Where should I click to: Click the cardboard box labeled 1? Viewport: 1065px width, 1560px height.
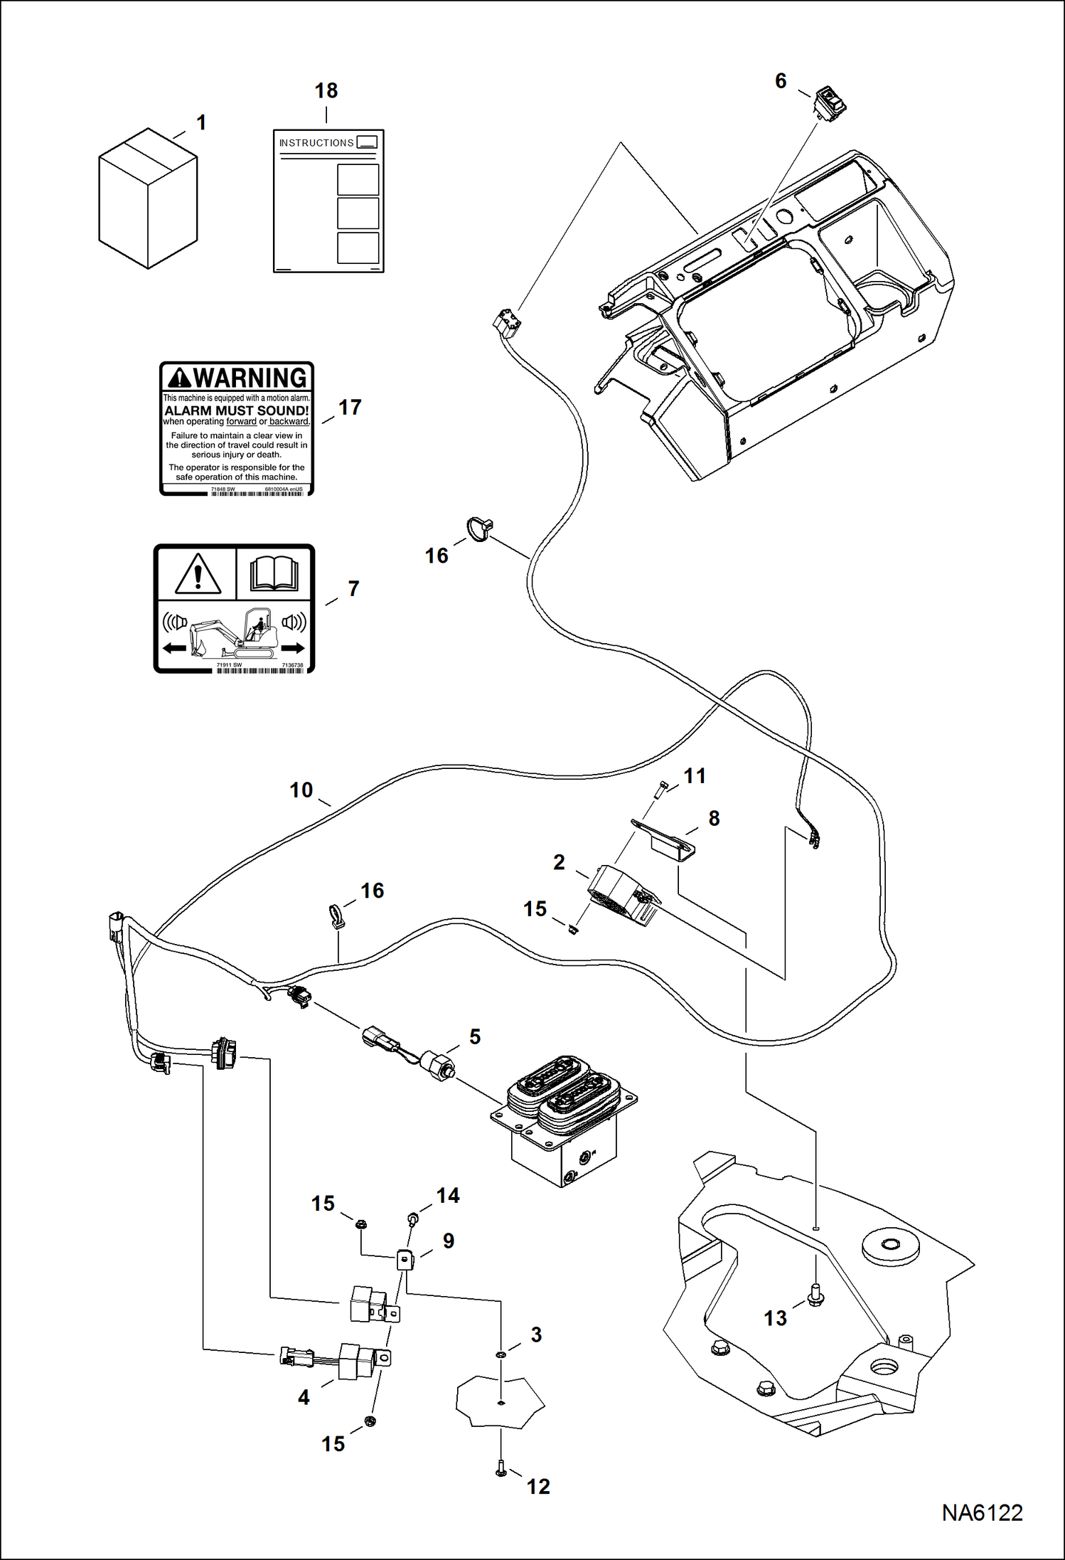[147, 199]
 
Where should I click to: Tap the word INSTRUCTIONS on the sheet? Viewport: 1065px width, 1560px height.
[316, 143]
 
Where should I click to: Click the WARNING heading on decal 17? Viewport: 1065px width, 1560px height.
[237, 378]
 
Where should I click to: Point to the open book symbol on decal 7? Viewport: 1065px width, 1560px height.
[274, 573]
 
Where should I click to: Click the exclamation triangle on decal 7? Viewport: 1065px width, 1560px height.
[198, 574]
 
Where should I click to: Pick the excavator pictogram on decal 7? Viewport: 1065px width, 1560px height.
[235, 632]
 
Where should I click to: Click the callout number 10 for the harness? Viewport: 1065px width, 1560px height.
[301, 790]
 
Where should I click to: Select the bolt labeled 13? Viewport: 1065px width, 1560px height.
[816, 1293]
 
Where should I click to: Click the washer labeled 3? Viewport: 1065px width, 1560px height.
[501, 1354]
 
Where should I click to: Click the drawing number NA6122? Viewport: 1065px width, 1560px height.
[982, 1512]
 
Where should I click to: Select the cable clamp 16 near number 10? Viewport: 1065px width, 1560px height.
[336, 916]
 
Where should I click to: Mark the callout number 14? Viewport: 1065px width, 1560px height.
[447, 1196]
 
